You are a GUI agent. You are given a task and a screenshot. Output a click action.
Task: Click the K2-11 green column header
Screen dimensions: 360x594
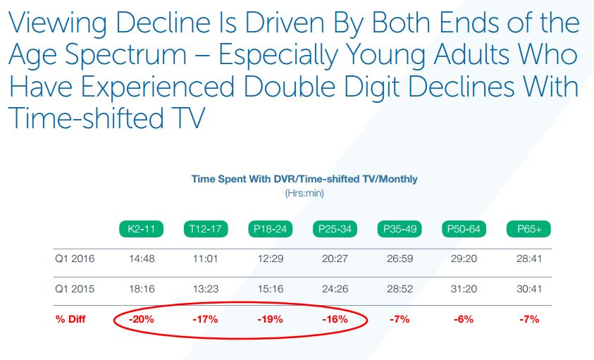tap(141, 229)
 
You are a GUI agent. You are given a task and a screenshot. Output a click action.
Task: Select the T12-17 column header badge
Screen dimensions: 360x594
tap(206, 229)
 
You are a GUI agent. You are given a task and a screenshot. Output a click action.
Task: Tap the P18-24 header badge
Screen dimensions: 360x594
tap(271, 229)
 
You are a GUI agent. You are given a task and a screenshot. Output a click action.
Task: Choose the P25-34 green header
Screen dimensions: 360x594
tap(335, 229)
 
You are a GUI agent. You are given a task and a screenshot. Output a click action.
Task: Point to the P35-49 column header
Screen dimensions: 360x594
tap(400, 229)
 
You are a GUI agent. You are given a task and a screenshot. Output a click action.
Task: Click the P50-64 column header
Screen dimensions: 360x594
tap(464, 229)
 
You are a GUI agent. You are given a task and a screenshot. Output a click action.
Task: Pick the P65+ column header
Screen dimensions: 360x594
tap(528, 229)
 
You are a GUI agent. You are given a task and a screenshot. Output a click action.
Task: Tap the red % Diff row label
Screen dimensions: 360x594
tap(70, 319)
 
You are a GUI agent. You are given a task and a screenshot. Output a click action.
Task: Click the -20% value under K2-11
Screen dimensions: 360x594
tap(141, 319)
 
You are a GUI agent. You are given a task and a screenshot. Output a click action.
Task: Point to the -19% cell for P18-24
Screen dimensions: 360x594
tap(271, 319)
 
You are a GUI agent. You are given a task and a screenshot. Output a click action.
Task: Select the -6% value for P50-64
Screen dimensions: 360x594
tap(464, 319)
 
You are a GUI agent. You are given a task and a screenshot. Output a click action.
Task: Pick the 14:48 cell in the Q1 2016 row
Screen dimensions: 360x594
tap(141, 259)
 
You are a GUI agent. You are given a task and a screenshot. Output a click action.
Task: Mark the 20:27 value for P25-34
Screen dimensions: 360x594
tap(335, 259)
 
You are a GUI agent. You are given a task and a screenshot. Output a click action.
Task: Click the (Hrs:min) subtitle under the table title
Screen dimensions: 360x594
tap(304, 193)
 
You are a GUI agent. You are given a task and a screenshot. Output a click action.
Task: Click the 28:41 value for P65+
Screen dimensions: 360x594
tap(528, 259)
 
